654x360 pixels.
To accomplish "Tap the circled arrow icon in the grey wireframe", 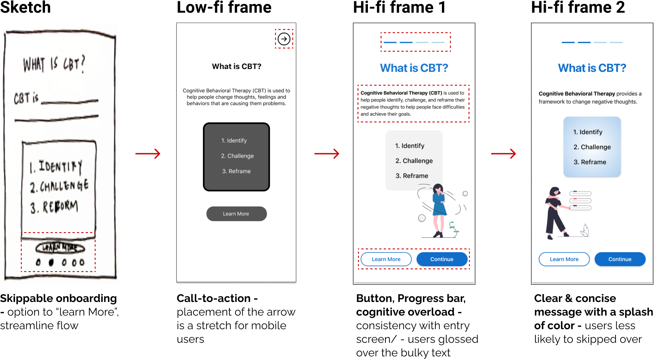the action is tap(284, 39).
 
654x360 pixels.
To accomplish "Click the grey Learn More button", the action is tap(236, 214).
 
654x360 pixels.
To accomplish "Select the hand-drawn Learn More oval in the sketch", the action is tap(60, 248).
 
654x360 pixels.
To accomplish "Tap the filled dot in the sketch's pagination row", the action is tap(51, 262).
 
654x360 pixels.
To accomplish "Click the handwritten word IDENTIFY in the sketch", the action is tap(60, 167).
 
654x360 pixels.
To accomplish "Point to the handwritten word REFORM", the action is tap(60, 207).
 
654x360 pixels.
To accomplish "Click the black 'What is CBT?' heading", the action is tap(237, 66).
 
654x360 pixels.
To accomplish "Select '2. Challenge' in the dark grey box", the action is tap(237, 156).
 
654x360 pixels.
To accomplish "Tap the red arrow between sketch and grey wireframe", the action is tap(148, 154).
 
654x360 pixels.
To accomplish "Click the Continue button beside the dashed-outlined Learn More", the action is tap(442, 259).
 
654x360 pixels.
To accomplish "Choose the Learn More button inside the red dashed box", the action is tap(386, 259).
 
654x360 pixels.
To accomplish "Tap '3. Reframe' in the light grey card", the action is tap(412, 176).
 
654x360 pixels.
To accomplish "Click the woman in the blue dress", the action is tap(439, 209).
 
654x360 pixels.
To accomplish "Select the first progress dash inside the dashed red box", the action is tap(390, 43).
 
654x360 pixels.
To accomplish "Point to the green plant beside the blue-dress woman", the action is tap(453, 228).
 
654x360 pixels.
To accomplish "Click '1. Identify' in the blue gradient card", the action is tap(588, 132).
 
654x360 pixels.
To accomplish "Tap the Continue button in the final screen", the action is tap(620, 259).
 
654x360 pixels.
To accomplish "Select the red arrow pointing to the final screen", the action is tap(503, 154).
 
